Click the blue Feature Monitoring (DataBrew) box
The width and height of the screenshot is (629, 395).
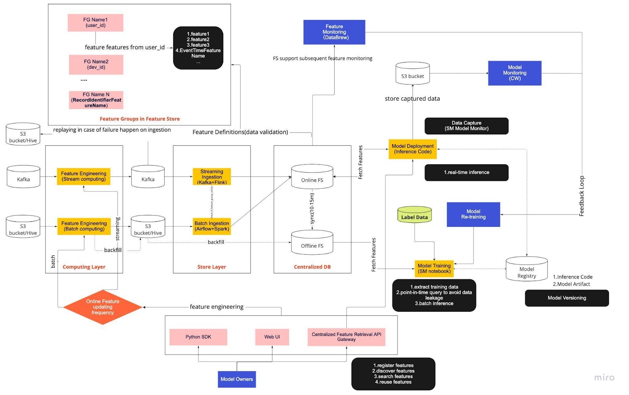pyautogui.click(x=334, y=32)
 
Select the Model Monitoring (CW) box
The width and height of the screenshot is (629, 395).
pyautogui.click(x=514, y=73)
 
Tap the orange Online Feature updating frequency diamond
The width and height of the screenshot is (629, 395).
pyautogui.click(x=103, y=307)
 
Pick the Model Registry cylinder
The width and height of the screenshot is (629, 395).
pyautogui.click(x=526, y=269)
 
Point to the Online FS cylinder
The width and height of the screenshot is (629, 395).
pyautogui.click(x=312, y=178)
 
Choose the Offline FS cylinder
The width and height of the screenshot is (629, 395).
pyautogui.click(x=312, y=243)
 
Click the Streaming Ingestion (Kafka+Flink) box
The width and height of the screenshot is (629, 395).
pyautogui.click(x=212, y=177)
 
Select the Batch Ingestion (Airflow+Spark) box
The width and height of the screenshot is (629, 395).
pyautogui.click(x=212, y=226)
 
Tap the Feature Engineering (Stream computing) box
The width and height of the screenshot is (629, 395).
pyautogui.click(x=83, y=176)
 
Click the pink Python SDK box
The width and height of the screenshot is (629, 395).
pyautogui.click(x=198, y=337)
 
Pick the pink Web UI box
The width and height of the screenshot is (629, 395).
pyautogui.click(x=272, y=337)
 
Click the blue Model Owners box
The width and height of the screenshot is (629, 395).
pyautogui.click(x=237, y=379)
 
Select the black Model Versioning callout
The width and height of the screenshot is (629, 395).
pyautogui.click(x=566, y=298)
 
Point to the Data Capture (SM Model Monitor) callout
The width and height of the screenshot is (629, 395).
pyautogui.click(x=466, y=126)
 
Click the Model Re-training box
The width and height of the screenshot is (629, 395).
pyautogui.click(x=473, y=214)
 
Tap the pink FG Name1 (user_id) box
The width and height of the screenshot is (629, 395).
pyautogui.click(x=95, y=23)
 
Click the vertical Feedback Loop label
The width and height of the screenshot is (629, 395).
pyautogui.click(x=582, y=196)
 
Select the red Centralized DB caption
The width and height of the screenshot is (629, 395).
pyautogui.click(x=312, y=267)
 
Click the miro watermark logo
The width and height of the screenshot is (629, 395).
pyautogui.click(x=604, y=378)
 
